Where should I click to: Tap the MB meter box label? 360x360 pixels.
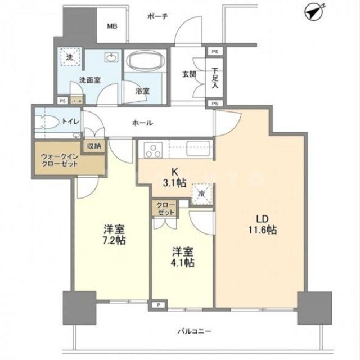pyautogui.click(x=113, y=26)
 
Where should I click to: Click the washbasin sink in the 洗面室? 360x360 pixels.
pyautogui.click(x=111, y=58)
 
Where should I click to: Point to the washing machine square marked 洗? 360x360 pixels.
pyautogui.click(x=70, y=57)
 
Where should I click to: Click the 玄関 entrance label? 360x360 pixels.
pyautogui.click(x=188, y=74)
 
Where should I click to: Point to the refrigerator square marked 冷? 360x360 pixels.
pyautogui.click(x=201, y=193)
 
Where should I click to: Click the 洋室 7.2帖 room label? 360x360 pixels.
pyautogui.click(x=114, y=235)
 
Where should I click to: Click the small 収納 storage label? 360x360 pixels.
pyautogui.click(x=94, y=146)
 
